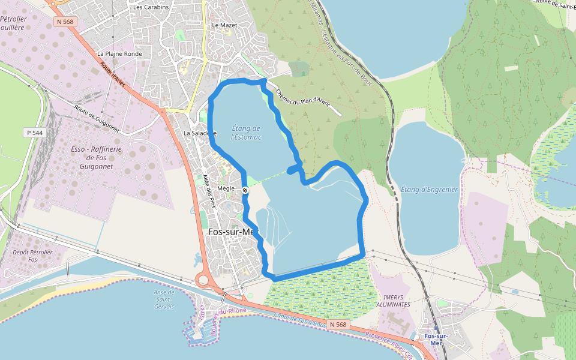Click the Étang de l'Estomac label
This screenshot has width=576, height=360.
tap(246, 133)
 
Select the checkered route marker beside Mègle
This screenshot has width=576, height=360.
tap(245, 190)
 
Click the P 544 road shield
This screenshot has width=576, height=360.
tap(35, 132)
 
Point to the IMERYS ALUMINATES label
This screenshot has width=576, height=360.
tap(397, 301)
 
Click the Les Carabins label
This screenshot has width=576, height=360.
tap(151, 7)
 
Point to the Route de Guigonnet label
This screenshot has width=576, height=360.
tap(98, 119)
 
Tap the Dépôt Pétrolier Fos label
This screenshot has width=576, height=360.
tap(32, 256)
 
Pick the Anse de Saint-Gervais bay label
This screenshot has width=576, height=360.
tap(163, 299)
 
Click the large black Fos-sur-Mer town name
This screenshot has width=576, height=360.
tap(232, 232)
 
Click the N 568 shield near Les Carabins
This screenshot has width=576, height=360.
tap(65, 22)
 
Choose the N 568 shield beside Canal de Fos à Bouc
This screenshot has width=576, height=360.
tap(338, 325)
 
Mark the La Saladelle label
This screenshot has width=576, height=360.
tap(199, 133)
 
